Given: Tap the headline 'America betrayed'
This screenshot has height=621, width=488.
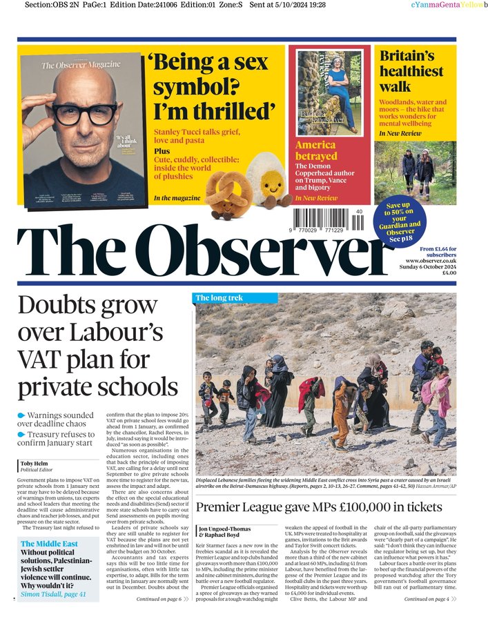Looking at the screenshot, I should [315, 150].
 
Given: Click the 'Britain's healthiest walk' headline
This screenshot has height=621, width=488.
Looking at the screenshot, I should [411, 72].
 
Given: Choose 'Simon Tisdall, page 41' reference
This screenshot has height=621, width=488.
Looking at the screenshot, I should [53, 594].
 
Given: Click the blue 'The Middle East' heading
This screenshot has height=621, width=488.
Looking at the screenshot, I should [49, 544].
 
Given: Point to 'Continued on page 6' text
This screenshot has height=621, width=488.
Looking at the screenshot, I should [159, 599].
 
